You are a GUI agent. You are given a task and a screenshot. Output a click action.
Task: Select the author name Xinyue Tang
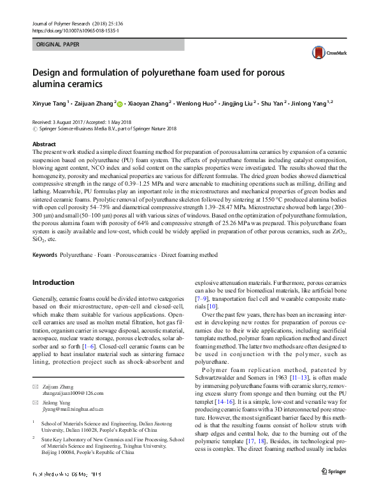point(49,103)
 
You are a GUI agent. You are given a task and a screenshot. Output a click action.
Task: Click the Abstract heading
point(44,145)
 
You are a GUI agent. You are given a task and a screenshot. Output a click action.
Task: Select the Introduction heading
point(53,282)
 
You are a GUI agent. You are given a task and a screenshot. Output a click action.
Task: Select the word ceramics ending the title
point(82,85)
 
